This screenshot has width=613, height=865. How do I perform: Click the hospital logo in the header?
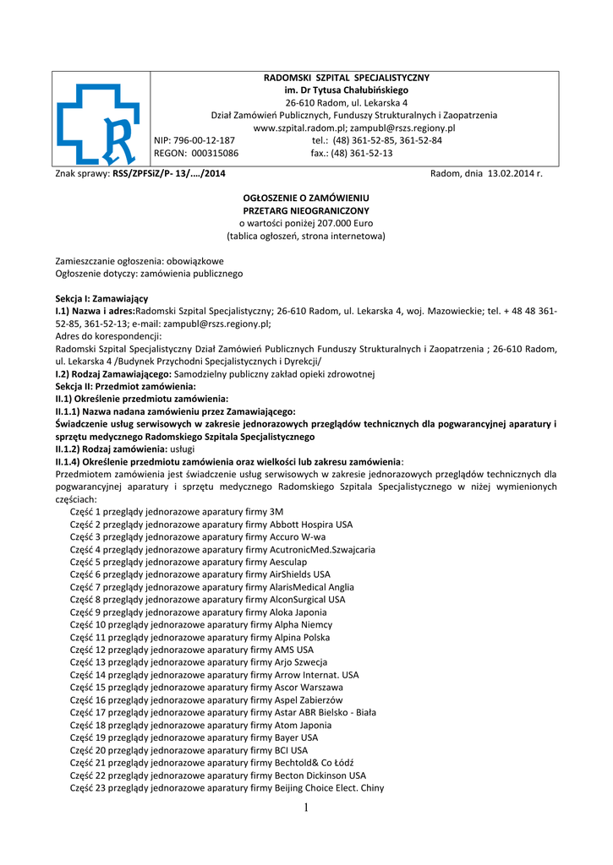101,119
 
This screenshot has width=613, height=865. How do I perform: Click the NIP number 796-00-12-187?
210,140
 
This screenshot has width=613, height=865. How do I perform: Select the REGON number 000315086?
215,153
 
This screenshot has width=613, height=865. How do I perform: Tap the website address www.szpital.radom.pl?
298,128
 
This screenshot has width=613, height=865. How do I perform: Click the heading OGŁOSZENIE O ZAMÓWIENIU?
305,197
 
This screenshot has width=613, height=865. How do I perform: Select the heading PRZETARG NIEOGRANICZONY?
305,209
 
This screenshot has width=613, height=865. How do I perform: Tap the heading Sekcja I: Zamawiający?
101,299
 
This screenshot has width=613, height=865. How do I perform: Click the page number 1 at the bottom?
306,808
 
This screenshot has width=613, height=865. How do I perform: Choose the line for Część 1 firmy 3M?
177,512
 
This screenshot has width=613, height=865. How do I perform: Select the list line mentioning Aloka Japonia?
198,612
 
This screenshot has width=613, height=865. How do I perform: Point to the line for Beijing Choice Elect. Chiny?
227,788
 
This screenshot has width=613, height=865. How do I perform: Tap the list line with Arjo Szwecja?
198,662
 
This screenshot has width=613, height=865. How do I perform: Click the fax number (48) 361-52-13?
364,153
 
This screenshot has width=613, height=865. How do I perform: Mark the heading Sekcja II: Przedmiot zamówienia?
125,386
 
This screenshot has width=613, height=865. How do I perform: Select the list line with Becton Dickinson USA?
218,775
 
